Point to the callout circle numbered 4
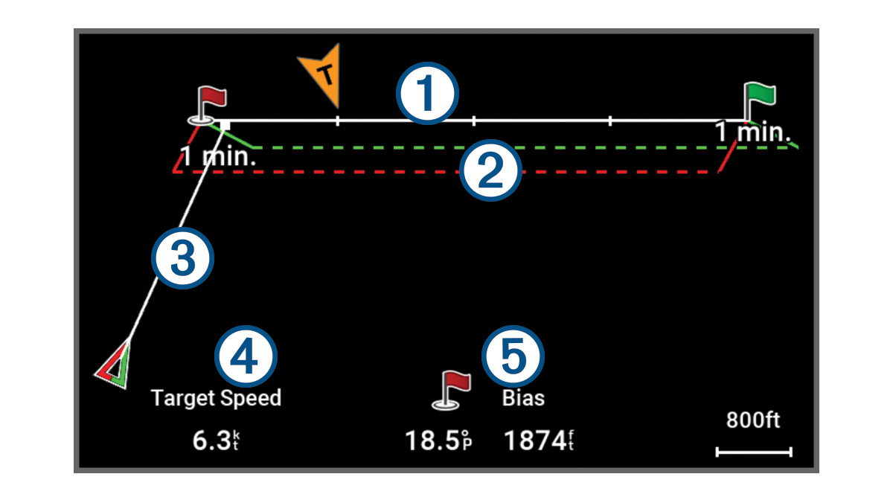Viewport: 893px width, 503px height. [246, 355]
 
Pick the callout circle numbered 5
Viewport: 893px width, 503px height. [513, 355]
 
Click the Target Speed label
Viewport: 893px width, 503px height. [217, 398]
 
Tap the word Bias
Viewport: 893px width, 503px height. [523, 398]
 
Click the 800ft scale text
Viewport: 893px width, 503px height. [753, 421]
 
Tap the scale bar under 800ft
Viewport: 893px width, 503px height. [754, 451]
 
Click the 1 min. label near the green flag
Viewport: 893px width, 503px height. [753, 133]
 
